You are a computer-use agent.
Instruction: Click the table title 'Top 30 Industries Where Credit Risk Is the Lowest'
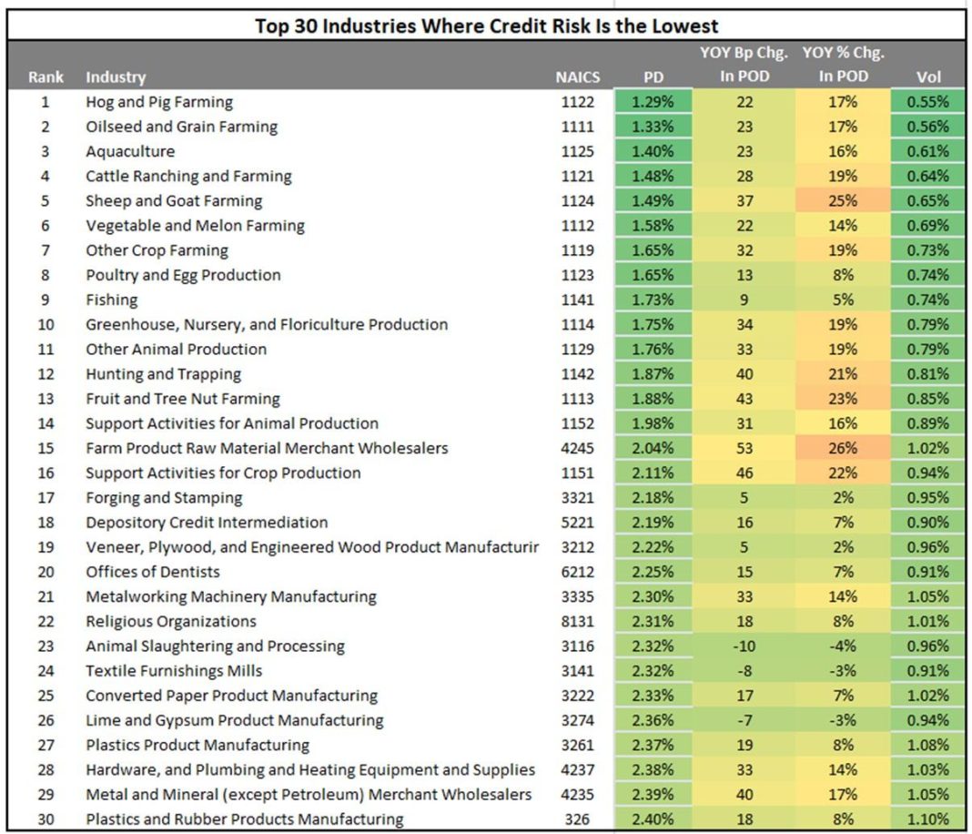pos(486,25)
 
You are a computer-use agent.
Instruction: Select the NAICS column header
pos(577,77)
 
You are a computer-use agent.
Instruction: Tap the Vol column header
pos(928,77)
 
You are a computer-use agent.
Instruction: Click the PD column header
pos(653,77)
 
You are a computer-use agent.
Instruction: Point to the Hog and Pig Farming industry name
pos(159,102)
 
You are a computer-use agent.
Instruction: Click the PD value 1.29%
pos(653,102)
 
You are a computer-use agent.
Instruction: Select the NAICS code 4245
pos(577,448)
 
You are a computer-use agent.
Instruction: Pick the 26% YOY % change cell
pos(842,448)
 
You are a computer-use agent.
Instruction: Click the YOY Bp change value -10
pos(744,646)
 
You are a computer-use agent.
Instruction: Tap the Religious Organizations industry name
pos(171,622)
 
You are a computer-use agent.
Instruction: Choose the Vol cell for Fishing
pos(928,300)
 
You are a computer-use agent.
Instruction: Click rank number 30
pos(46,819)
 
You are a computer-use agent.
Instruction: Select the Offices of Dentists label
pos(153,572)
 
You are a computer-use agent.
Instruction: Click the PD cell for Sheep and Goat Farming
pos(653,201)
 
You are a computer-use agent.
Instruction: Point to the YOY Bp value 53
pos(744,448)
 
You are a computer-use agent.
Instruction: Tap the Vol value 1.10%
pos(928,819)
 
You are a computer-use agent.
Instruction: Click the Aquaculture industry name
pos(130,151)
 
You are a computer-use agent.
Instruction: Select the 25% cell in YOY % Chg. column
pos(842,201)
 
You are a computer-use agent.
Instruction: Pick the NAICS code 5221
pos(577,523)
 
